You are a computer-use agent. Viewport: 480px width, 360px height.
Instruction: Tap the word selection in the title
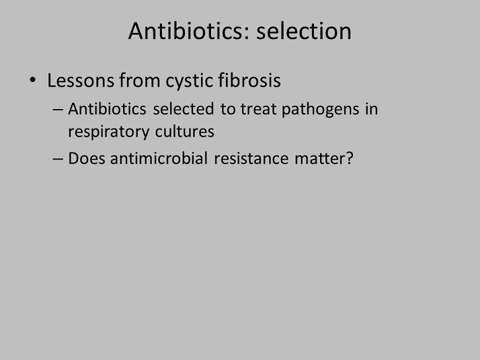coord(304,31)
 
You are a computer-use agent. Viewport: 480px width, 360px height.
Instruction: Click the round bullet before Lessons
coord(33,80)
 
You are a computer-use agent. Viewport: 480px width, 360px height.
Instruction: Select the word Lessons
coord(81,80)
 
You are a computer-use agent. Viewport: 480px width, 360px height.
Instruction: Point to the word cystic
coord(189,81)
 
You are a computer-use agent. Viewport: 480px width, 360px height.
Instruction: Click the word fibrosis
coord(249,80)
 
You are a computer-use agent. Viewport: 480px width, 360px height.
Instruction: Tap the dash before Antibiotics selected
coord(58,110)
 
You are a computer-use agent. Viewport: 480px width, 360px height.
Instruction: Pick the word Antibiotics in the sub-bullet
coord(107,109)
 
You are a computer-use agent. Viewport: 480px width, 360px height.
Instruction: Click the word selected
coord(184,109)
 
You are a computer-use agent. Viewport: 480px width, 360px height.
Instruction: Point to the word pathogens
coord(320,110)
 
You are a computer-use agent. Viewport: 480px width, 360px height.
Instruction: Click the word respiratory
coord(109,133)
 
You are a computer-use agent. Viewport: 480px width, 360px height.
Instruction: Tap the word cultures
coord(185,132)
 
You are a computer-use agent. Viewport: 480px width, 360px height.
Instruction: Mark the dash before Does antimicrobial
coord(58,159)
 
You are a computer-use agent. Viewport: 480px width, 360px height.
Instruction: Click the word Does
coord(87,158)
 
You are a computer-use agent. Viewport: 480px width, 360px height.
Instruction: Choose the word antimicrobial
coord(159,158)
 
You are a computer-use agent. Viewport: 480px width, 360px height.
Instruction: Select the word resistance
coord(251,159)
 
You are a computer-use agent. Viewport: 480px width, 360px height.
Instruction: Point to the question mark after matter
coord(350,158)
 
